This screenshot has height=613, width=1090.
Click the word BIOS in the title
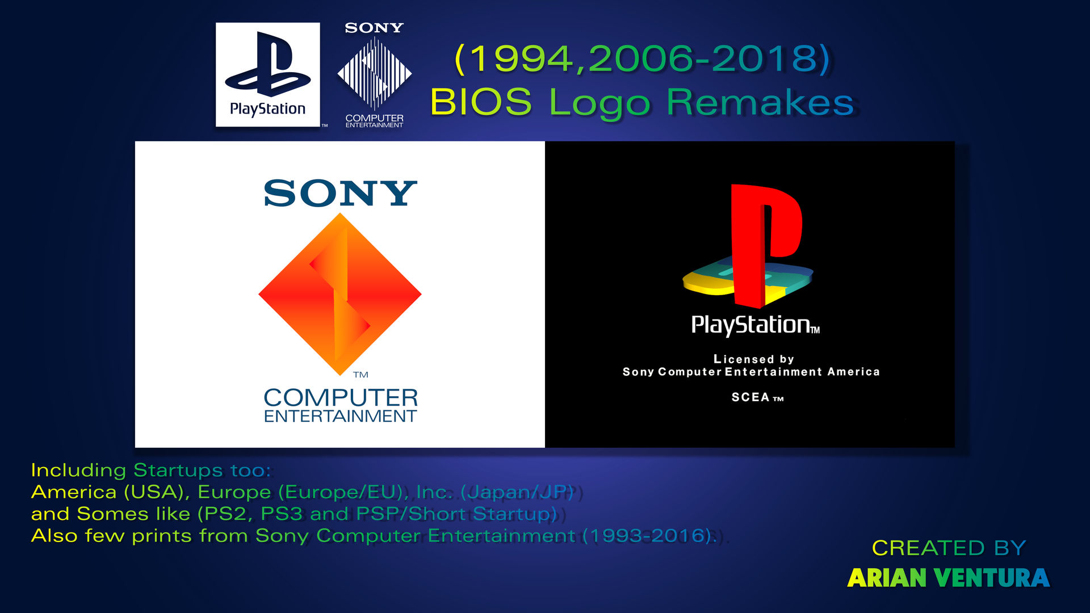(x=480, y=102)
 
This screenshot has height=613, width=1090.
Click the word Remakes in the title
(x=760, y=102)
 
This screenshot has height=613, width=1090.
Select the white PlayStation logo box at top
(x=267, y=74)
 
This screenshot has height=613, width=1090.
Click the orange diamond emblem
(x=340, y=293)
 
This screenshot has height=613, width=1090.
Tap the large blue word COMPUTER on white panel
(x=341, y=397)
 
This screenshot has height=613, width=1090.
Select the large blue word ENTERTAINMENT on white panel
(x=340, y=416)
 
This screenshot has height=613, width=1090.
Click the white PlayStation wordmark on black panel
(x=751, y=325)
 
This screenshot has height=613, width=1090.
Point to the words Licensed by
(x=753, y=359)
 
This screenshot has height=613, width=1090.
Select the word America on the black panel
(x=853, y=372)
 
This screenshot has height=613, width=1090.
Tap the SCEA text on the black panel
(x=750, y=397)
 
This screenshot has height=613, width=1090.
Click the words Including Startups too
(x=151, y=470)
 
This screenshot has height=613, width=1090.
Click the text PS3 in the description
(x=281, y=514)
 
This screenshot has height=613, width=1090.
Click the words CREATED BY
(x=949, y=548)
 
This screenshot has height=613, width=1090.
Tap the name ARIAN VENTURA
(x=948, y=578)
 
